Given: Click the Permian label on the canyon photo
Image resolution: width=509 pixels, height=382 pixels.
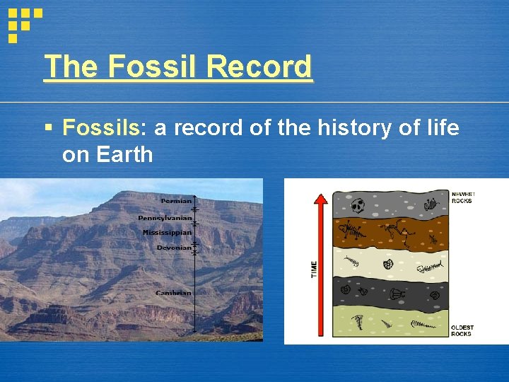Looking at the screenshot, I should pos(176,201).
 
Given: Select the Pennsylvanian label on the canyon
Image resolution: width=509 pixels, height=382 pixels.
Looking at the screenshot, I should pos(165,218).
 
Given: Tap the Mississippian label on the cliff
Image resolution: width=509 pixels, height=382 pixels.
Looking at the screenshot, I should pos(167,233).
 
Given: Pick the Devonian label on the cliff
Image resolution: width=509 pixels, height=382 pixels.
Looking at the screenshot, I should pos(174,248).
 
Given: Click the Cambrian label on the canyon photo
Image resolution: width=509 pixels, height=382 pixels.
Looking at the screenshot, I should pos(174,292).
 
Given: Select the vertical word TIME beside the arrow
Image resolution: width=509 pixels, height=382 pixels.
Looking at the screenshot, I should pos(315,269).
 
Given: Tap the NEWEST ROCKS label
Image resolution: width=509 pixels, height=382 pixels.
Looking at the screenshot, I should pos(463,197).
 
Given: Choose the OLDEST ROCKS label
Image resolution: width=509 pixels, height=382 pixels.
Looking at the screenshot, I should pos(462,330).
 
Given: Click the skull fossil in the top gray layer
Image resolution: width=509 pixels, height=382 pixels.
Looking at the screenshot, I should pos(358,206).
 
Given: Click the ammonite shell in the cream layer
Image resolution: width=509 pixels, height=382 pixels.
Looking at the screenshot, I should pos(388,265).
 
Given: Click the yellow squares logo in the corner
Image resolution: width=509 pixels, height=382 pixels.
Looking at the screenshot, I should pos(23,23).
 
